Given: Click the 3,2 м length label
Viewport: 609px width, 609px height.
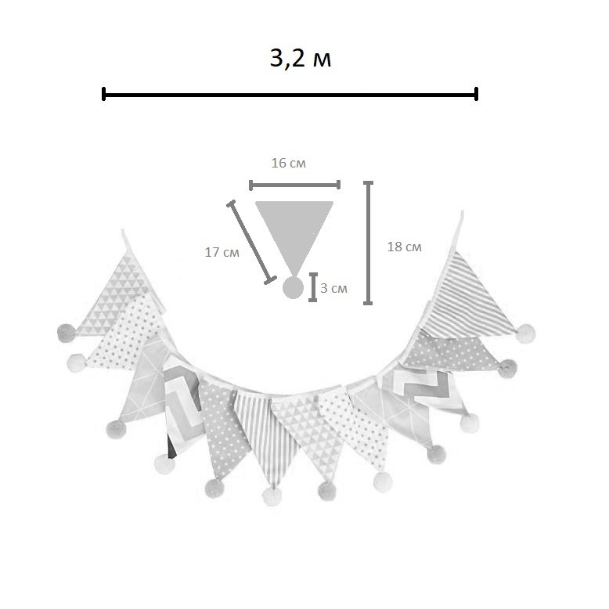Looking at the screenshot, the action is pyautogui.click(x=301, y=59).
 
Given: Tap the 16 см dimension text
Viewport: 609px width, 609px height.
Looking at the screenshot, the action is pyautogui.click(x=289, y=163).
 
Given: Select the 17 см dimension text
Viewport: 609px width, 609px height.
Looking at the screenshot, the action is pyautogui.click(x=222, y=253).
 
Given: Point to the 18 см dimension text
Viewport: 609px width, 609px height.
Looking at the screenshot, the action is pyautogui.click(x=405, y=247).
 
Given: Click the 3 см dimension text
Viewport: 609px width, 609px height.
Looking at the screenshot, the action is pyautogui.click(x=333, y=288).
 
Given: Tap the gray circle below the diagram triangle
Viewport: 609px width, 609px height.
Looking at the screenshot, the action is pyautogui.click(x=293, y=288).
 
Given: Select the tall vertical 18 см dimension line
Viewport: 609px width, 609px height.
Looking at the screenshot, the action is pyautogui.click(x=368, y=243).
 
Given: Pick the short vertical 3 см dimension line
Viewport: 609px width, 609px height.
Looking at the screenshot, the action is pyautogui.click(x=313, y=287).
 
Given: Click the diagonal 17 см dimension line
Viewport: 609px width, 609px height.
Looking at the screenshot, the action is pyautogui.click(x=252, y=243).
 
